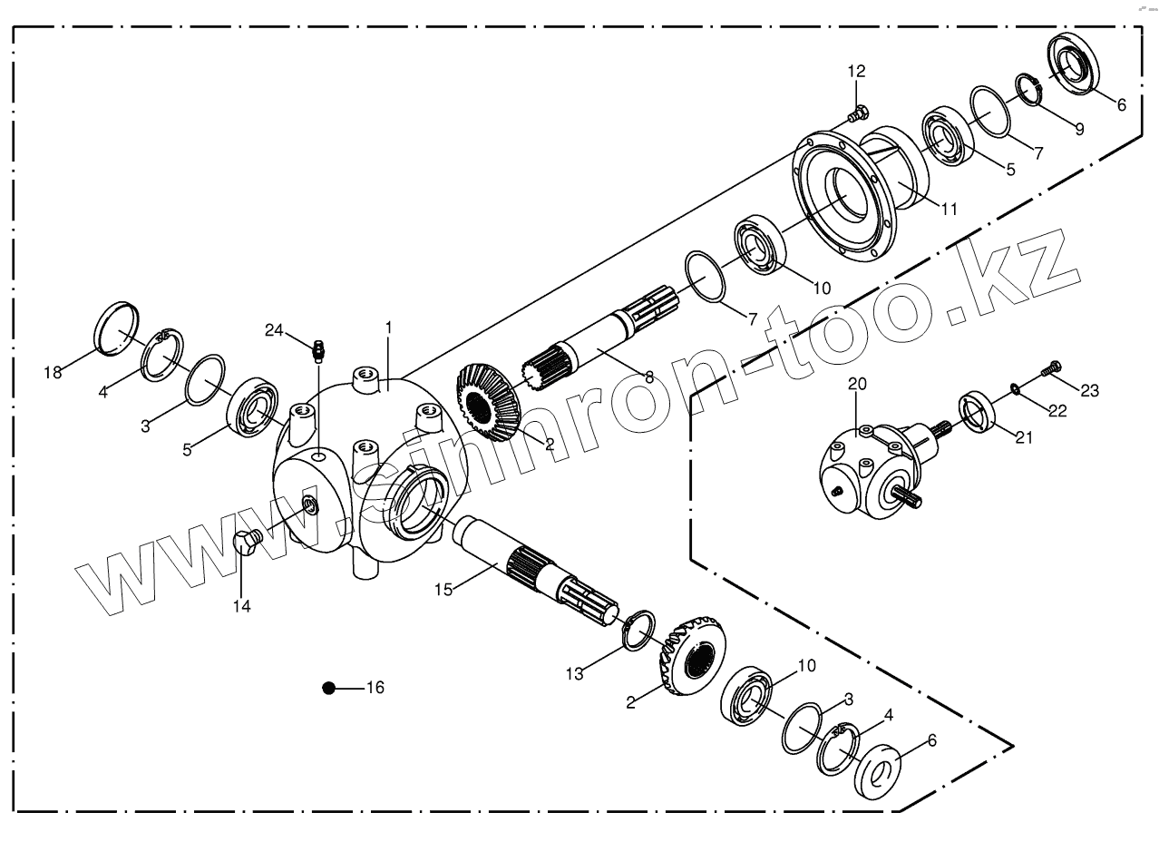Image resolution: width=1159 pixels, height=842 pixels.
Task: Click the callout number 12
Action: tap(856, 71)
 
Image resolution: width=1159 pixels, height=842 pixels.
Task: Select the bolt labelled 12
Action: tap(856, 114)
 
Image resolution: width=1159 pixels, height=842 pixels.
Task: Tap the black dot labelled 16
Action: tap(329, 688)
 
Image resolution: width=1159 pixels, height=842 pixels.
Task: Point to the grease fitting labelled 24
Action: tap(318, 348)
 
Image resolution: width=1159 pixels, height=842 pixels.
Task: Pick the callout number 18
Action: tap(54, 372)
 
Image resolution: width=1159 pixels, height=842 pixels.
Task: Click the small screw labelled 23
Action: tap(1051, 368)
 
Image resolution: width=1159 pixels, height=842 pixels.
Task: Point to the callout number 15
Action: tap(443, 590)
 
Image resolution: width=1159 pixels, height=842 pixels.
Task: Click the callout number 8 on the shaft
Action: tap(648, 377)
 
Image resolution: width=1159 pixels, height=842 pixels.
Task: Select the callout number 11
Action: tap(948, 209)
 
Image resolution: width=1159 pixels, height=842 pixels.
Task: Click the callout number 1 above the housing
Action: tap(388, 325)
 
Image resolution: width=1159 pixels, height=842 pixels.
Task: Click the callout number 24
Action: tap(275, 329)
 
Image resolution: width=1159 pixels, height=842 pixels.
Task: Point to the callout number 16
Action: tap(375, 688)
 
